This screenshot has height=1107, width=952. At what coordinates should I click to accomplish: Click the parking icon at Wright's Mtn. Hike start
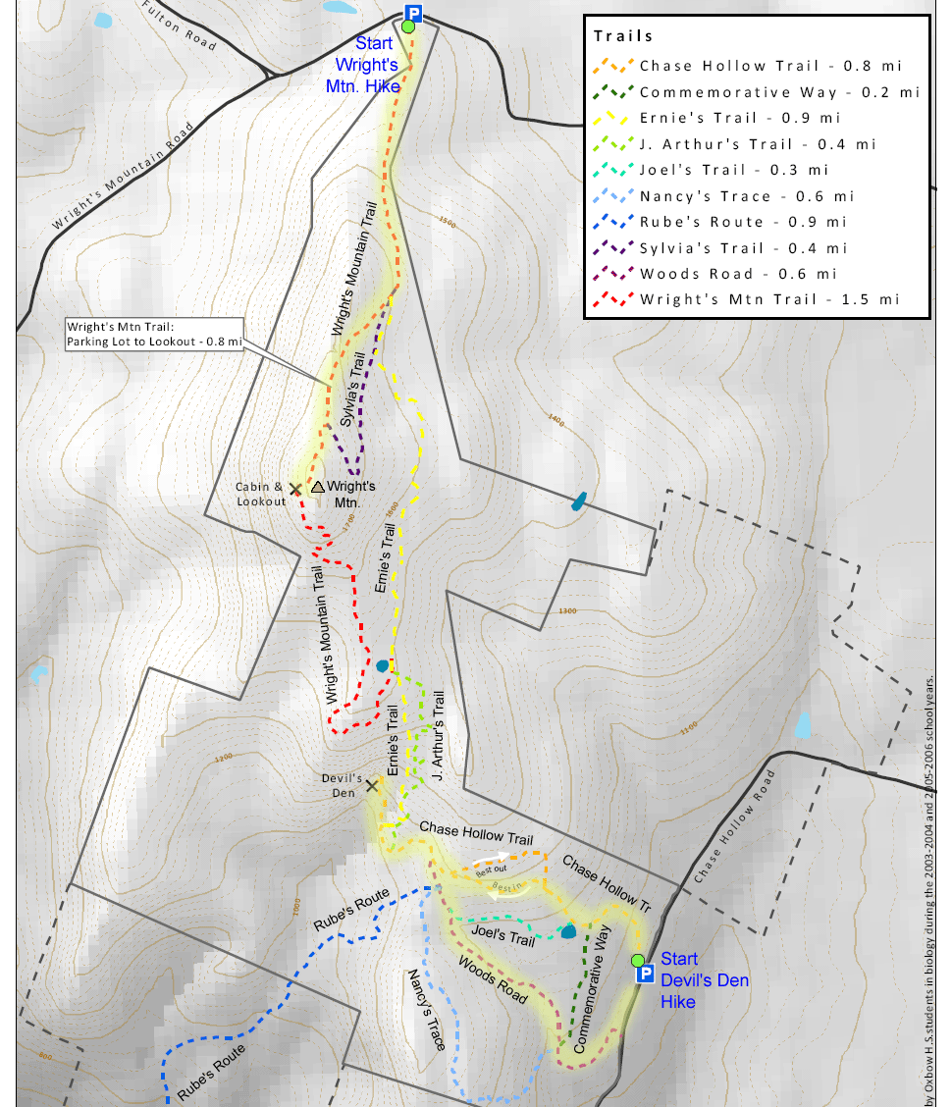tap(413, 13)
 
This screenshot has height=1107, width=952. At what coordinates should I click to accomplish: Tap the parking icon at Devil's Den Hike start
tap(646, 975)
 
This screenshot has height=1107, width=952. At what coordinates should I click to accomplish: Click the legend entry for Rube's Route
tap(756, 222)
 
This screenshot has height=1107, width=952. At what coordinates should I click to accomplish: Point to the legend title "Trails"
tap(623, 36)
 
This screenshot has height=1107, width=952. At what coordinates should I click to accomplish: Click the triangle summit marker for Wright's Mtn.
tap(317, 486)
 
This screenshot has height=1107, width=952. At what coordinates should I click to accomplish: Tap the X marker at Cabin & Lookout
tap(295, 489)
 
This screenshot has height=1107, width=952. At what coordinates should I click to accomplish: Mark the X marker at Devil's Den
tap(372, 786)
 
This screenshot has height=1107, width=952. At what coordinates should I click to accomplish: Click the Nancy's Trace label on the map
tap(428, 1009)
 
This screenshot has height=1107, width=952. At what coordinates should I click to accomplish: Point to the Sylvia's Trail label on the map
tap(353, 389)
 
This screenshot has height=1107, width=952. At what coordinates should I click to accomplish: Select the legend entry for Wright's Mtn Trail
tap(768, 299)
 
